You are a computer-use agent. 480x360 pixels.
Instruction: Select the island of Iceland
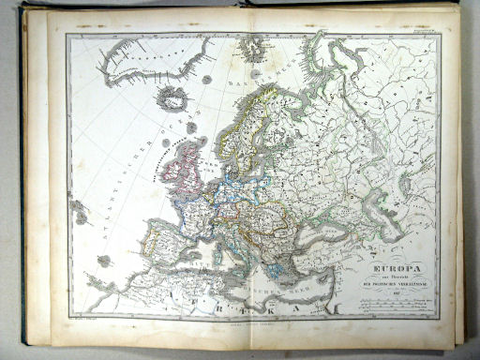pyautogui.click(x=172, y=97)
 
